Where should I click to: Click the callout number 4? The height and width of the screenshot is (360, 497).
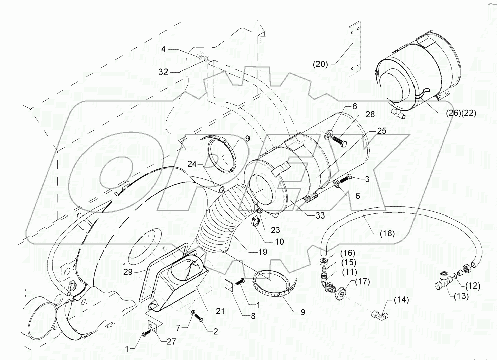point(163,49)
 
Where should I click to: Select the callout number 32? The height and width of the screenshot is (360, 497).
point(163,73)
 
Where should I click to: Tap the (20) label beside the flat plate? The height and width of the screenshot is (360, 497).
point(320,64)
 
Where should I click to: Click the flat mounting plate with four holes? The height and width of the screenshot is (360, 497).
point(355,48)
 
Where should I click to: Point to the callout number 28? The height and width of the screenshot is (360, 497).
point(370,114)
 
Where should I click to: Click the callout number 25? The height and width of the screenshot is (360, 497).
point(382,131)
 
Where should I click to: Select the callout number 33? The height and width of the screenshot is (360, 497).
point(320,215)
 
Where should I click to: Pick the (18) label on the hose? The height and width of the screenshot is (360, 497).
point(387,233)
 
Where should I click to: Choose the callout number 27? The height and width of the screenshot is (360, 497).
point(171,341)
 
